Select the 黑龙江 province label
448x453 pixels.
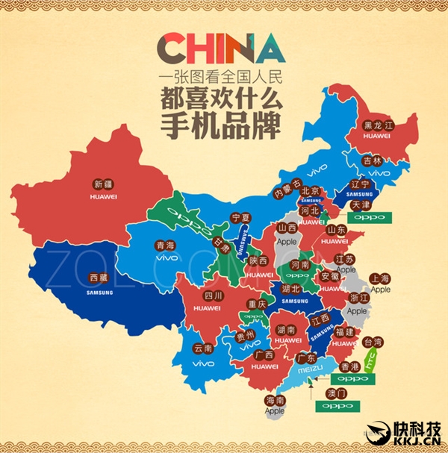[377, 125]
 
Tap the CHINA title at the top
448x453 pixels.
[224, 49]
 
